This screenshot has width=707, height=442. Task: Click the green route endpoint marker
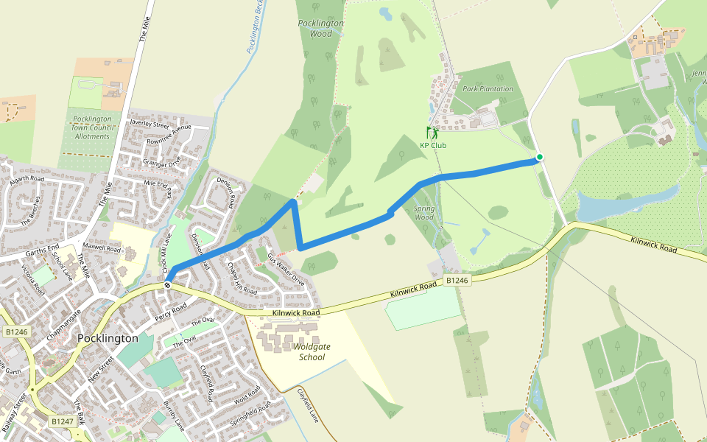coord(539,157)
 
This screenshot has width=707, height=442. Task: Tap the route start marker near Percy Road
coord(168,284)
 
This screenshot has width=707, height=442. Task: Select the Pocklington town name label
coord(108,338)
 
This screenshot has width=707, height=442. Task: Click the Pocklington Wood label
coord(321,28)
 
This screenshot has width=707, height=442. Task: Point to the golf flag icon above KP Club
coord(432,133)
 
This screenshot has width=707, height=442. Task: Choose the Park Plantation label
coord(488,89)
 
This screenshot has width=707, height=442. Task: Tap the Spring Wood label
coord(424,212)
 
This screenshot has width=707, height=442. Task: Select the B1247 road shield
coord(63,421)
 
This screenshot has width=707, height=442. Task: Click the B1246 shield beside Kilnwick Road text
coord(457,281)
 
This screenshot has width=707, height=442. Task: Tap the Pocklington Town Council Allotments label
coord(91,127)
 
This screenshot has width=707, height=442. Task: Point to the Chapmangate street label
coord(64,324)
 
